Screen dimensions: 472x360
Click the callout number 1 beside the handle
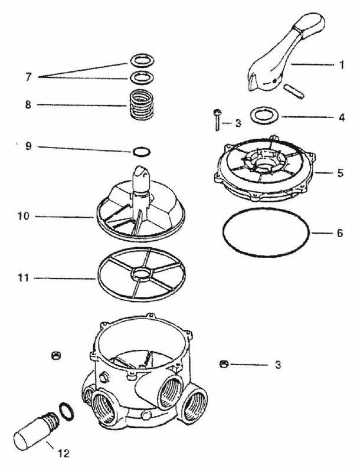click(x=341, y=64)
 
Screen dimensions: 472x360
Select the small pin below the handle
click(x=294, y=91)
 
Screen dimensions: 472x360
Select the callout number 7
click(x=27, y=77)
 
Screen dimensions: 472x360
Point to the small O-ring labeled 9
click(x=140, y=152)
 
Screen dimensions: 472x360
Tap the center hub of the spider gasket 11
click(x=140, y=273)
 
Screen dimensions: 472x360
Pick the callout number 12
click(x=63, y=454)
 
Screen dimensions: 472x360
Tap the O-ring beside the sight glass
click(x=67, y=409)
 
